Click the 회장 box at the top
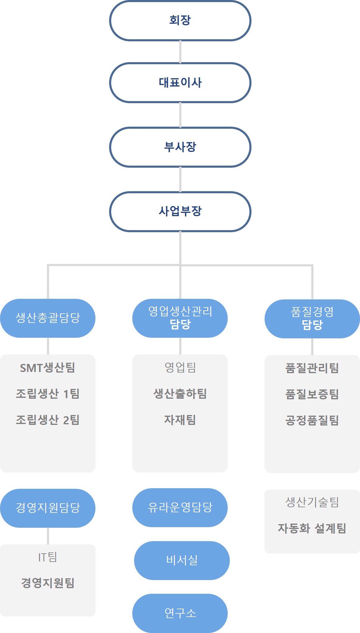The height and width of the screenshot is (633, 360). (180, 21)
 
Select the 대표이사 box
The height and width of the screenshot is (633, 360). (180, 82)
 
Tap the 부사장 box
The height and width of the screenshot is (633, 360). (180, 147)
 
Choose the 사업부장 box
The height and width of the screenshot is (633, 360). (180, 211)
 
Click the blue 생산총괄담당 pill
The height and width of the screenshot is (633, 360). (48, 318)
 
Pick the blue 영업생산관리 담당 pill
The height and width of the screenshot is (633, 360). (180, 318)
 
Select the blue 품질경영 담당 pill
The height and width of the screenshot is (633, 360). (312, 319)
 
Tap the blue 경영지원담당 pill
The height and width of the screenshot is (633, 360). (48, 508)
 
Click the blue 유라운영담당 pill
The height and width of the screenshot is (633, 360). (180, 508)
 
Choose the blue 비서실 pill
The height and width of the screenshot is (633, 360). (182, 560)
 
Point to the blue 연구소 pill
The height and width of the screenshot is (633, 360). (180, 613)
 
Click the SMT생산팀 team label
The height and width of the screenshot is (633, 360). (48, 368)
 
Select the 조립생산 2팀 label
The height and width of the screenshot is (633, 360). (48, 420)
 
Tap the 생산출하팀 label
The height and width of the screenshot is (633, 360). (180, 394)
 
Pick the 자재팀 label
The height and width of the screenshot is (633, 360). (180, 420)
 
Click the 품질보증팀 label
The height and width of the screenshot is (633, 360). (312, 394)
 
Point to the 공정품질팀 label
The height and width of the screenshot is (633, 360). (312, 420)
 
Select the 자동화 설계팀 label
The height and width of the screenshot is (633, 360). (312, 528)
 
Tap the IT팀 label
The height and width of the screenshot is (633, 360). (48, 557)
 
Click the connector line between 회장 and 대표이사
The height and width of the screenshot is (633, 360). (180, 52)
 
